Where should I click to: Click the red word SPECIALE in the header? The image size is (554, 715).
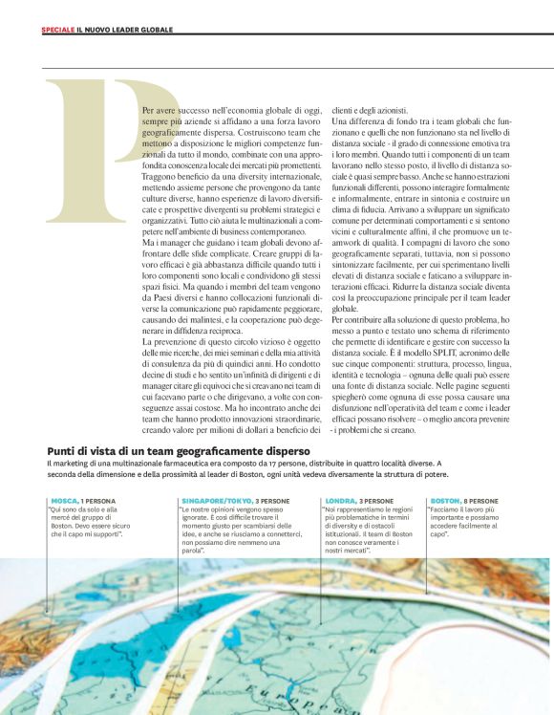click(56, 30)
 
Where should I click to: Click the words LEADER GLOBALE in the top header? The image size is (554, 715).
click(148, 30)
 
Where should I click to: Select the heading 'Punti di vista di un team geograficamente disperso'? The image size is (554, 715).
click(178, 450)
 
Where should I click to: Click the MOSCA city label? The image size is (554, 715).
click(64, 501)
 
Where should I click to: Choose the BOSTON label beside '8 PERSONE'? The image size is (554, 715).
click(445, 501)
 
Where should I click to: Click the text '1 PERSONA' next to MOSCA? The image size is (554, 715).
click(100, 501)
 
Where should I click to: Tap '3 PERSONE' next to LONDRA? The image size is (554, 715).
click(375, 501)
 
